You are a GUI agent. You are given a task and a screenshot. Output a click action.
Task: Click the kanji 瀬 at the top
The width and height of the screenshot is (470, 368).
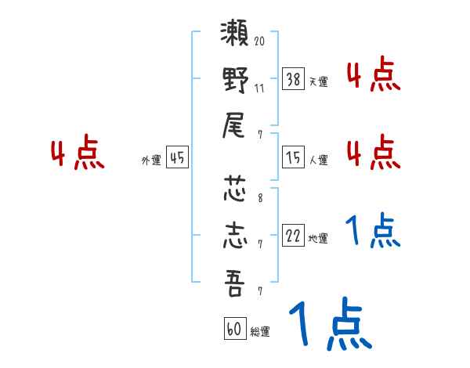(x=236, y=36)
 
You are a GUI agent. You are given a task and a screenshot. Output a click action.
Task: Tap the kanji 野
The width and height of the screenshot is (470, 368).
(x=236, y=80)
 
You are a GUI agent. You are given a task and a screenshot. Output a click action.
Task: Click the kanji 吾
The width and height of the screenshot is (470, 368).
(x=236, y=282)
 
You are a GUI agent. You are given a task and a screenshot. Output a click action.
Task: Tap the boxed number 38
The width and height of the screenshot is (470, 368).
(x=293, y=78)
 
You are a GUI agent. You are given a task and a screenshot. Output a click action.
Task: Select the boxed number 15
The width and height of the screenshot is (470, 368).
(x=293, y=157)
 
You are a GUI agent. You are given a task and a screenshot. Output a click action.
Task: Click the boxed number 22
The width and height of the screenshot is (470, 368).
(x=293, y=236)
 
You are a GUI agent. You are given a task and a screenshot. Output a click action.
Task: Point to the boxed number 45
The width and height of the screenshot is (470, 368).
(x=177, y=157)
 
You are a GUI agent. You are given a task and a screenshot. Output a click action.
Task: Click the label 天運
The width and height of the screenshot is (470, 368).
(x=318, y=81)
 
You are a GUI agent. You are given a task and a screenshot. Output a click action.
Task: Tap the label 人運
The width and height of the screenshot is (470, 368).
(x=318, y=160)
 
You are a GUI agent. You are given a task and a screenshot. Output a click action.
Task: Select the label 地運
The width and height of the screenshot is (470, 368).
(x=318, y=239)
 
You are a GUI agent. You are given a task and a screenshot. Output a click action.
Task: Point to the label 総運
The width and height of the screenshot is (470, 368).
(x=260, y=332)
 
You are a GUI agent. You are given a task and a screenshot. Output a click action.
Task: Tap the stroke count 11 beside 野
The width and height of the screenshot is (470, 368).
(x=259, y=87)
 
